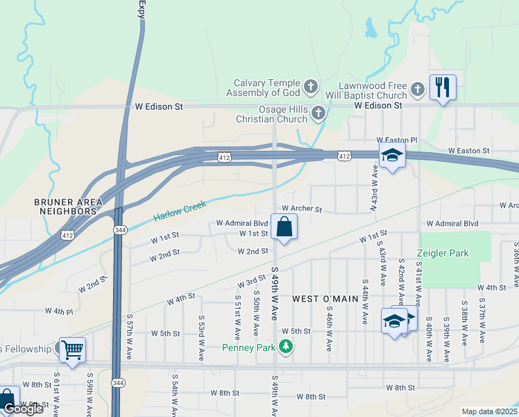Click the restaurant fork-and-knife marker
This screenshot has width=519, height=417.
click(443, 88)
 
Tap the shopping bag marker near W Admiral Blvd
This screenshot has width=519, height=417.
click(284, 227)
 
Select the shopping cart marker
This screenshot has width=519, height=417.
click(72, 350)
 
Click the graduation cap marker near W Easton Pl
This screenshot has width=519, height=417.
click(392, 156)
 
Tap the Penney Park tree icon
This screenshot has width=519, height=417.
click(285, 347)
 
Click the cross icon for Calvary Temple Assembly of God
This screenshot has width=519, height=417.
click(312, 88)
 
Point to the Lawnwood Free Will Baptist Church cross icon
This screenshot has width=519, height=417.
click(417, 89)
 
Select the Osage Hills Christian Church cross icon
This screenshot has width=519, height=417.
click(318, 113)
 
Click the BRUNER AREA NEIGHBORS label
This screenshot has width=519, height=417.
click(69, 206)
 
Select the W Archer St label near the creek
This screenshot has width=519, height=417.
click(303, 208)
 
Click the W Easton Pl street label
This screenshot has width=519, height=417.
click(397, 140)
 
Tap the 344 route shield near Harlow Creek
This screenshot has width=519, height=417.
click(119, 229)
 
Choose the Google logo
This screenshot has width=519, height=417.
click(23, 409)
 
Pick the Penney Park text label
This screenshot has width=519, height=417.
click(249, 347)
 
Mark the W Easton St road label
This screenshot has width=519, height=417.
click(468, 150)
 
